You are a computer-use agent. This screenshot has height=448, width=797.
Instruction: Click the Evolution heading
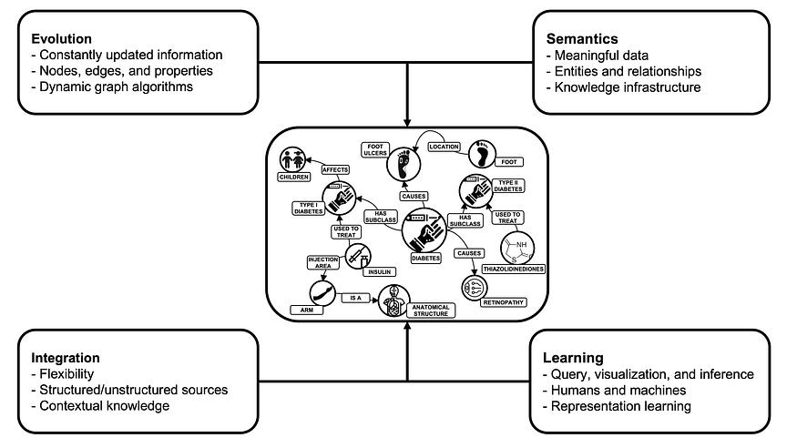(x=61, y=39)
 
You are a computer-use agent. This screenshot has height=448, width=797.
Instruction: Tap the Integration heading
(x=65, y=358)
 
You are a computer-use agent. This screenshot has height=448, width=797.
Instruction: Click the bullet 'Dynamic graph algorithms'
(x=117, y=87)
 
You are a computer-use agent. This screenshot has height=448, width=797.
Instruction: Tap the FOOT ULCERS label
(x=376, y=149)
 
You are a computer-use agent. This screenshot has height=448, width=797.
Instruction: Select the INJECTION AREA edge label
(x=322, y=263)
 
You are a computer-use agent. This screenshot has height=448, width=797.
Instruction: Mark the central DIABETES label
(x=425, y=258)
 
